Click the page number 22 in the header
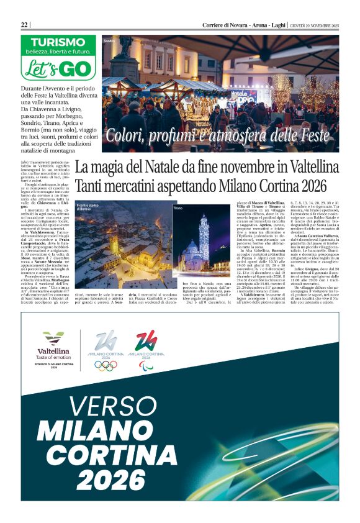[25, 24]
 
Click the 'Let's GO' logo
[58, 66]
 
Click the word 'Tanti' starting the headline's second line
[91, 186]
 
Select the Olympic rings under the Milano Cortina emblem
[106, 365]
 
